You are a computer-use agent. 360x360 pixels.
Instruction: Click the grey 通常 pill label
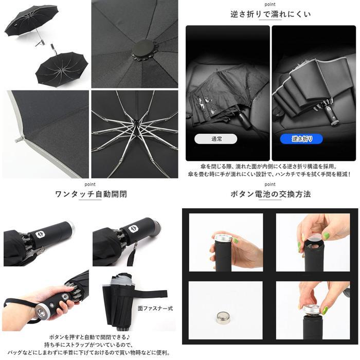215,139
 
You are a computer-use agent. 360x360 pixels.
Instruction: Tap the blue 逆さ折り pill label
301,139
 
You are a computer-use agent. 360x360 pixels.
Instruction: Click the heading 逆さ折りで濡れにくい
271,14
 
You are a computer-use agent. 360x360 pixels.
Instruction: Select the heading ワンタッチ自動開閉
91,194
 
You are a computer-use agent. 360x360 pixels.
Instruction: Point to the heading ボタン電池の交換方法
271,194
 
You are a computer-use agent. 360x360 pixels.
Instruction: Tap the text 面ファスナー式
155,309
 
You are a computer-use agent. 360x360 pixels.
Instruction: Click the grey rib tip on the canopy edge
19,139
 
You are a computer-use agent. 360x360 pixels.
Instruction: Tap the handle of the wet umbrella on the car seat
244,120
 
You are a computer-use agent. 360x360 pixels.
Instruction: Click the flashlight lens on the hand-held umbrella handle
42,312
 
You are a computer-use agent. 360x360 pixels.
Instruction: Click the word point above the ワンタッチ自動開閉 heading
90,184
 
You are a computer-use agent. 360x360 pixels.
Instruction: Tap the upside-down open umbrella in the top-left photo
62,68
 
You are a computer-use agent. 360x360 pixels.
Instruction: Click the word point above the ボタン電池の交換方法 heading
270,184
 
